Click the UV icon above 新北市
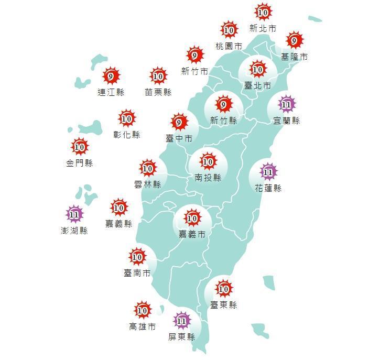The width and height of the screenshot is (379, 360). pos(263,12)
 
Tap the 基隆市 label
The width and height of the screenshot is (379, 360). pos(294,57)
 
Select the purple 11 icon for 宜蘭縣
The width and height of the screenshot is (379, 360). pos(286,105)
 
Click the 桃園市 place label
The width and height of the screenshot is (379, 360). pos(229,47)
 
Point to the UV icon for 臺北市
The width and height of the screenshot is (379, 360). pos(257,69)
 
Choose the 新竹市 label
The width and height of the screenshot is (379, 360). pos(194,71)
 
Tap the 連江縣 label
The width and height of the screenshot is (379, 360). pos(111,93)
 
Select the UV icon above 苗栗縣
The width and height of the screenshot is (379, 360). pos(158,77)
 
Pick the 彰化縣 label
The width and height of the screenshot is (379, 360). pos(127,135)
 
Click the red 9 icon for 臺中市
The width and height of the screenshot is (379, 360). pos(179,123)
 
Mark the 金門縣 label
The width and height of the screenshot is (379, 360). pos(79,163)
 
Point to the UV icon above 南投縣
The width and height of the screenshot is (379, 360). pos(208,162)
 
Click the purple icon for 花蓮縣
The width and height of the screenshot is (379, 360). pos(268,172)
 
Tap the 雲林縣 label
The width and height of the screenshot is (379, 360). pos(147,184)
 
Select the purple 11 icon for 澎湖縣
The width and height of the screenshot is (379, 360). pos(74,214)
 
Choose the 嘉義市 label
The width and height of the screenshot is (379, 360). pos(192,234)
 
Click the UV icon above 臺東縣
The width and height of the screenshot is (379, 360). pos(224,289)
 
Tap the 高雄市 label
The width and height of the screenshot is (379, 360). pos(142,327)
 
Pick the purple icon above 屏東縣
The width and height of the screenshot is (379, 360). pos(182,321)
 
